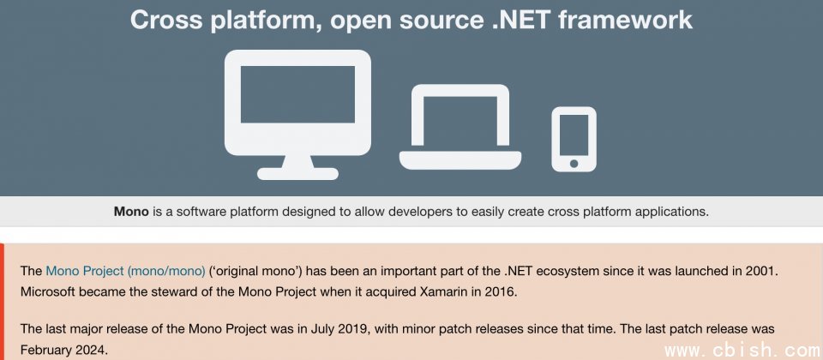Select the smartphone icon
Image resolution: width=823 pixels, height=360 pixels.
click(574, 139)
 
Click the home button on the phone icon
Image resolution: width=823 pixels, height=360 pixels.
click(574, 163)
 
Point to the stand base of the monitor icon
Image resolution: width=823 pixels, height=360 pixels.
click(297, 174)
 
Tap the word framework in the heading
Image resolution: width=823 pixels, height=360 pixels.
click(626, 20)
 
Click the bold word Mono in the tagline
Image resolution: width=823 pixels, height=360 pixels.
click(131, 212)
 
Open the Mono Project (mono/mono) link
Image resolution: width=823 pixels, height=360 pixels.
click(125, 272)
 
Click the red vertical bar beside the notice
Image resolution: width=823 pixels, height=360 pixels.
click(2, 302)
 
